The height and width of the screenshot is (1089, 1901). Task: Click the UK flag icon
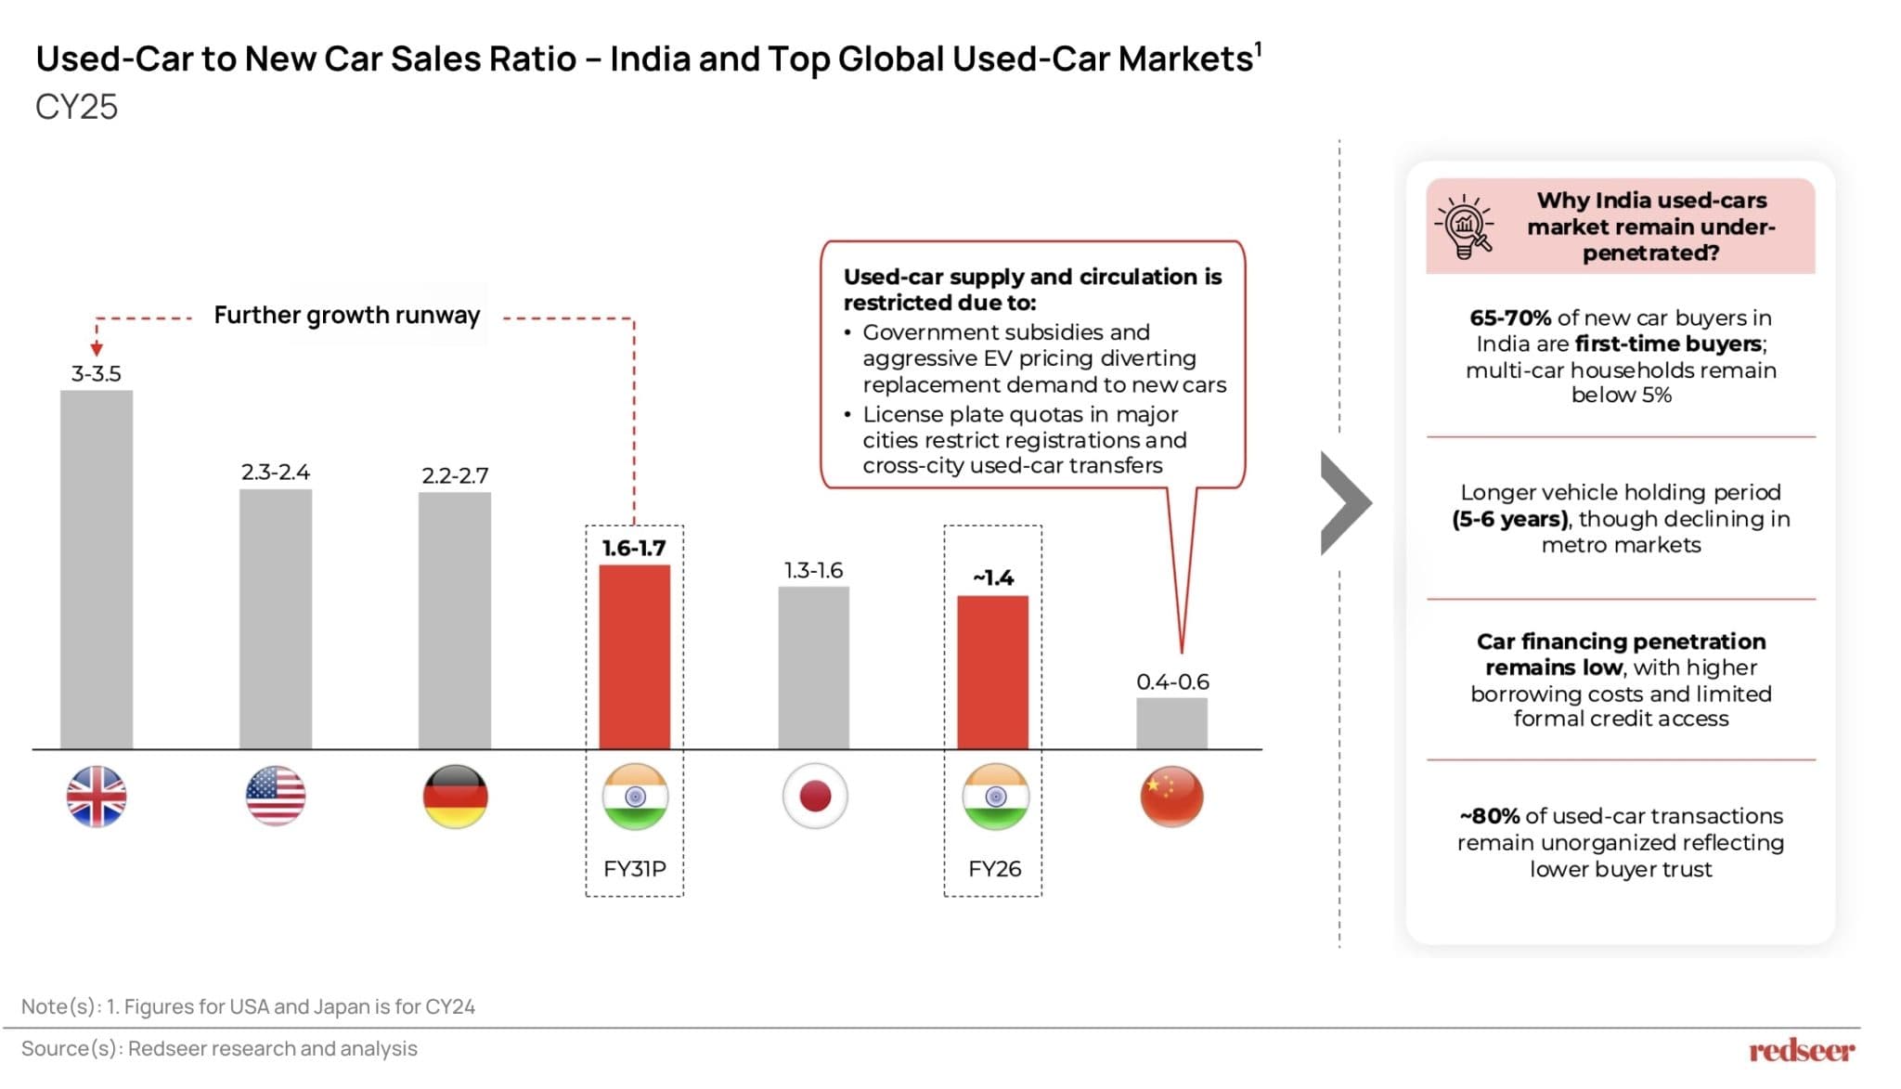point(97,796)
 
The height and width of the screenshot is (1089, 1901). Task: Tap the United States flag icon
point(276,796)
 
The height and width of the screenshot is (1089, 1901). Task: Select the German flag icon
point(455,796)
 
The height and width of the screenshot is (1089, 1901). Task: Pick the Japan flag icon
point(815,796)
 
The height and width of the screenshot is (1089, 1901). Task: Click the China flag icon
point(1171,796)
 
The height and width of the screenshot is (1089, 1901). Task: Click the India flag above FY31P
point(635,796)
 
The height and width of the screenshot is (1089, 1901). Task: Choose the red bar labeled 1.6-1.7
point(634,656)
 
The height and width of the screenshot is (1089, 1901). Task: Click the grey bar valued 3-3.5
point(97,569)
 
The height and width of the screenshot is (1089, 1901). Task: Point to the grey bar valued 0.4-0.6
point(1171,722)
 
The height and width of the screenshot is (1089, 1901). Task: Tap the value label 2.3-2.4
point(276,472)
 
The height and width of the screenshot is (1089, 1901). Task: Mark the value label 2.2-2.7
point(455,475)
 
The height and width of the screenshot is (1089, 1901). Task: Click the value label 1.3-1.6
point(813,570)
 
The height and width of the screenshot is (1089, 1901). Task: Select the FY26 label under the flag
point(994,869)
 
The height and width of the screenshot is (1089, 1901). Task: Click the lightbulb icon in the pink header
point(1465,226)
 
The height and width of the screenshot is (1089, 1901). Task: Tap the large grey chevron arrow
point(1345,503)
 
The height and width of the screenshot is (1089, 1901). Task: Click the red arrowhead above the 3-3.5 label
point(97,349)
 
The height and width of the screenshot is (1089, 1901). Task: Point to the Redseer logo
point(1801,1050)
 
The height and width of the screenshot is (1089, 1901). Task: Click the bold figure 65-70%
point(1509,318)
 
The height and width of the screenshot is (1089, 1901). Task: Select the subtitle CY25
point(76,107)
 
